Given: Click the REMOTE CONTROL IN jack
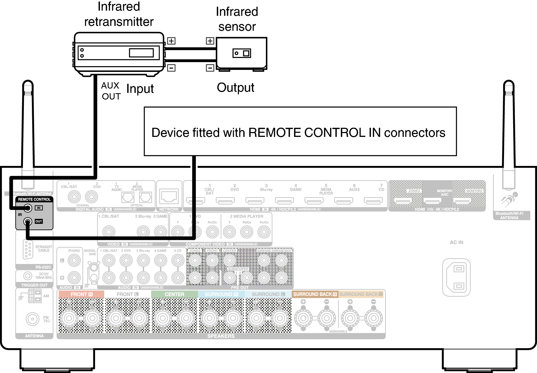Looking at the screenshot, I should tap(28, 208).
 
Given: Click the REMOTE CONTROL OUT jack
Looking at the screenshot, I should tap(28, 221).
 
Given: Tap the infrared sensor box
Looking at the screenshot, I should tap(242, 53).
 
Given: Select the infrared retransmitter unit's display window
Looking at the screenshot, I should tap(141, 53).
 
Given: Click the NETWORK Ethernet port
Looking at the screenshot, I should tap(169, 196).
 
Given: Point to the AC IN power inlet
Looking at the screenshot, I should tap(456, 277).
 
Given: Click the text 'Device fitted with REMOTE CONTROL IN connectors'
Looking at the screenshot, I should tap(298, 133).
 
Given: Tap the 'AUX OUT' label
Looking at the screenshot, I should tap(111, 91).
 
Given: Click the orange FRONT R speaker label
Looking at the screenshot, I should tap(81, 294).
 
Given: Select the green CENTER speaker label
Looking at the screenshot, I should tap(174, 294).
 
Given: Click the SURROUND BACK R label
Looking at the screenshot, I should tap(315, 294).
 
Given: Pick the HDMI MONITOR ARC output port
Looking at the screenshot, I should tap(432, 201).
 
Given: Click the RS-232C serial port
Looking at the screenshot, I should tap(28, 249).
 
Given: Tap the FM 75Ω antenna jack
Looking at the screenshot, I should tap(32, 319).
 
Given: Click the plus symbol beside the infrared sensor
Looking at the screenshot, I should tap(210, 41).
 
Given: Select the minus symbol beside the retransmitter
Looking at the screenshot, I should tap(171, 68).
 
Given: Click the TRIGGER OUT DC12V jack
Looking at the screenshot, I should tap(28, 276).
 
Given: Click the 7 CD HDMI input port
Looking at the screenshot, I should tap(373, 200).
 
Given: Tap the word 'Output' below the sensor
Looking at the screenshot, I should tap(235, 88).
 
